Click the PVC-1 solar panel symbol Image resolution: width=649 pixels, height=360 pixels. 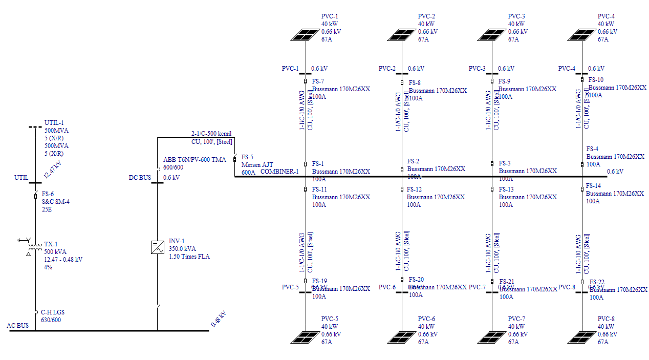click(x=305, y=34)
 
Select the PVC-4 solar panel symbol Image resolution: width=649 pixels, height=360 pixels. click(x=582, y=34)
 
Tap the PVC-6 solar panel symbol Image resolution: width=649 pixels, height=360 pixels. click(x=402, y=337)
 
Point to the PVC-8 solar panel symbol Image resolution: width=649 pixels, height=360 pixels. click(x=582, y=337)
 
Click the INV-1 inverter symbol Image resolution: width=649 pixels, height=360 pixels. click(x=157, y=247)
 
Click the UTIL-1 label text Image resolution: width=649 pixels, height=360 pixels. click(x=54, y=123)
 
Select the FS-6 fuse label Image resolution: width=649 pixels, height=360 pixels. click(x=48, y=194)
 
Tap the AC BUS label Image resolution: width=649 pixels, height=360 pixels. click(x=18, y=325)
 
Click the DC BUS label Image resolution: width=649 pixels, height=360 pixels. click(x=140, y=178)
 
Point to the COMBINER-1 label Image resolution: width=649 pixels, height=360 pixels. click(x=279, y=172)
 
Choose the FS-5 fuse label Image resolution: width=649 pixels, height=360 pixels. click(x=247, y=157)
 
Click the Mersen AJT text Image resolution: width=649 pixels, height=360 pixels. click(x=257, y=165)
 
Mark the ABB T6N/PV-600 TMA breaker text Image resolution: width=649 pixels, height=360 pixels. click(x=194, y=160)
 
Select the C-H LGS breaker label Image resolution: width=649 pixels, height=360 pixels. click(x=53, y=312)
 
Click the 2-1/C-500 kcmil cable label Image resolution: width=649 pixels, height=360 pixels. click(x=211, y=134)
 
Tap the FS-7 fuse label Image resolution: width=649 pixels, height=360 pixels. click(x=318, y=81)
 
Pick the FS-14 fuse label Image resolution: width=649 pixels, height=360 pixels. click(x=593, y=186)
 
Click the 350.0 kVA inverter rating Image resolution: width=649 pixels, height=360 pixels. click(x=183, y=249)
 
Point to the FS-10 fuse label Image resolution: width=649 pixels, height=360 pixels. click(x=596, y=80)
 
